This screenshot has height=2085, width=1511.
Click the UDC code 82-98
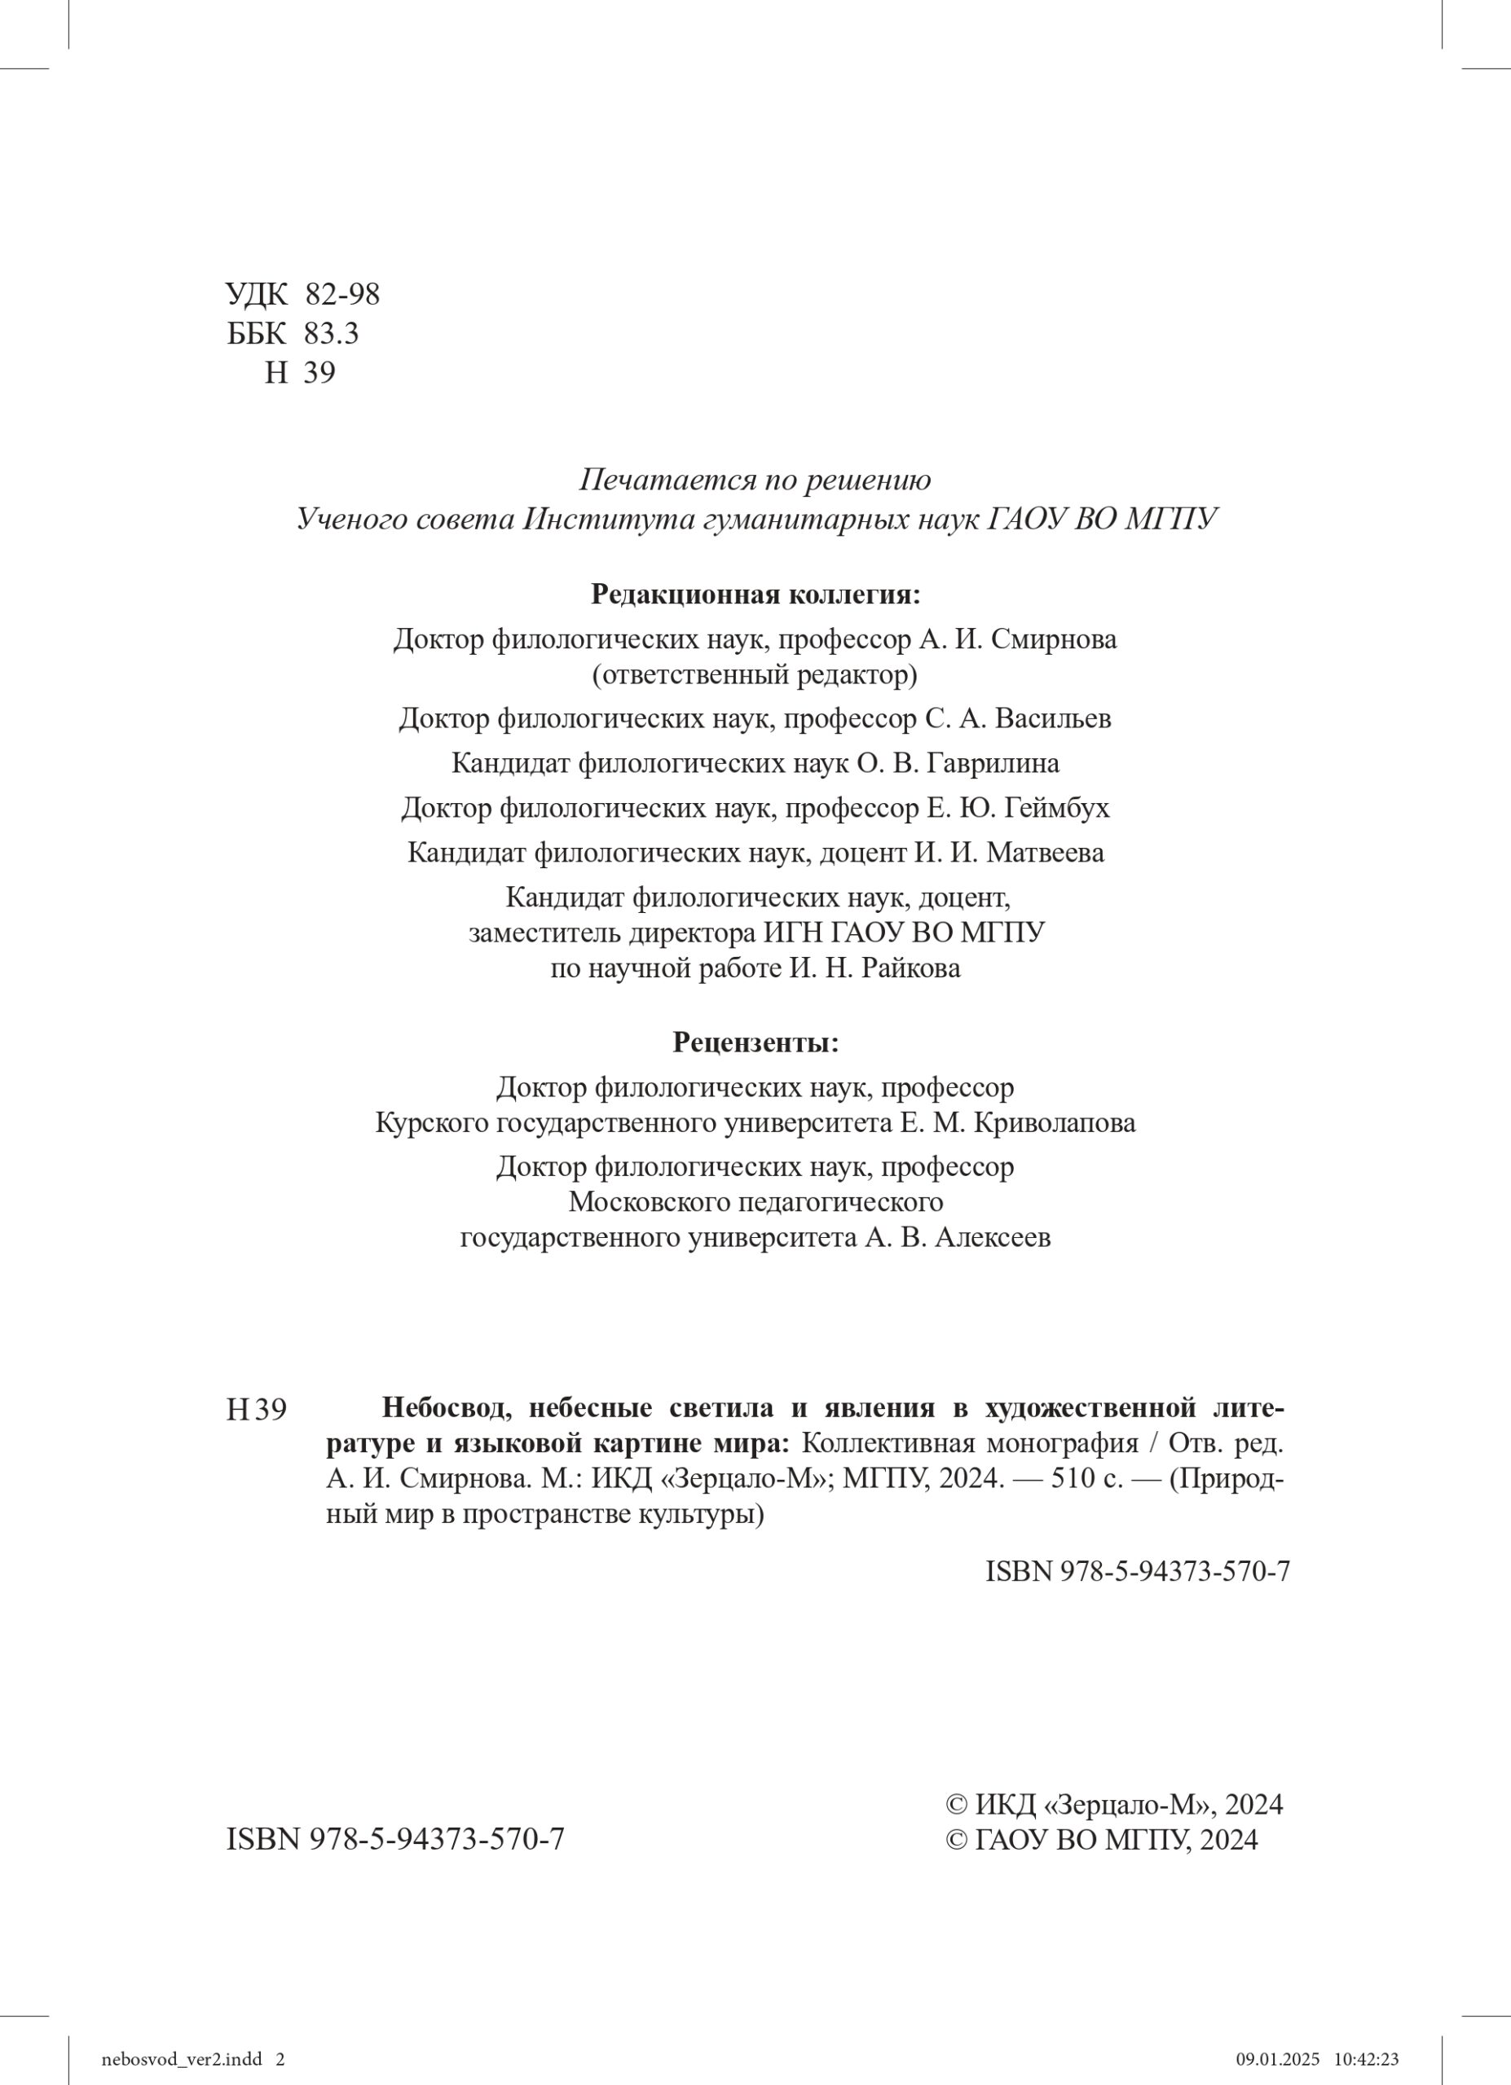342,295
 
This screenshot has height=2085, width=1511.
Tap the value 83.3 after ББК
331,334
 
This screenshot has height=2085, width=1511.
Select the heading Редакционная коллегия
755,594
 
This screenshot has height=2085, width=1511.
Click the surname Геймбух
1058,808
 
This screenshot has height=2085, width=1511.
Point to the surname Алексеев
993,1237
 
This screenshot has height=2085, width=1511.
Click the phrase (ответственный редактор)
755,676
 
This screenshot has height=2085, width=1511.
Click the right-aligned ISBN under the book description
1138,1571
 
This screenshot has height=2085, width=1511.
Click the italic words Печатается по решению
755,480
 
